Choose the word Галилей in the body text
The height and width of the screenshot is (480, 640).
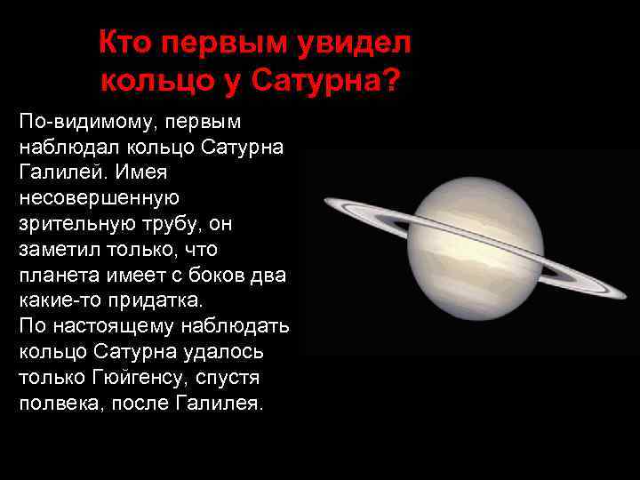[x=55, y=172]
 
